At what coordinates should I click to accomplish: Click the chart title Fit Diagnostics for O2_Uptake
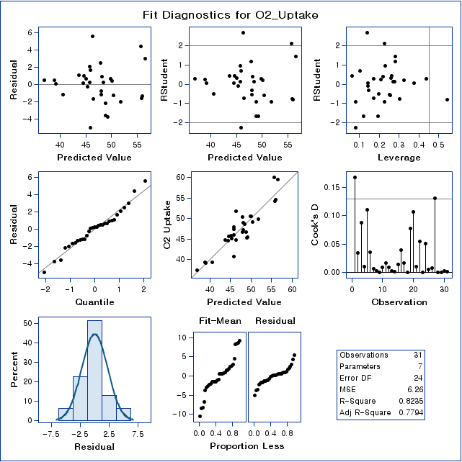[x=231, y=14]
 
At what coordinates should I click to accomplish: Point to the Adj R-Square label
[x=364, y=412]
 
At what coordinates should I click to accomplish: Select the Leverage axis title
[x=389, y=157]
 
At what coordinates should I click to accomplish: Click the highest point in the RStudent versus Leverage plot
[x=368, y=32]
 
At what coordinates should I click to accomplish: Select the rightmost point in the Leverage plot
[x=447, y=99]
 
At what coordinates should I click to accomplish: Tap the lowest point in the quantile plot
[x=44, y=272]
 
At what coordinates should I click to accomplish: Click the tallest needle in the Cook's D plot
[x=355, y=177]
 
